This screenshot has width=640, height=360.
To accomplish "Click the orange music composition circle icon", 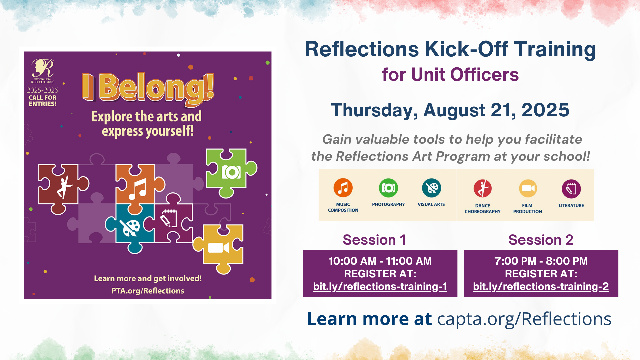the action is [343, 188].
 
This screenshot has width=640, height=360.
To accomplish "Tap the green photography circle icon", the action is [388, 188].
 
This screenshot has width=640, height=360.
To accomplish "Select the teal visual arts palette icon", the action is [431, 188].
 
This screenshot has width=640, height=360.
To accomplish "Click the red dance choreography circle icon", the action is [483, 189].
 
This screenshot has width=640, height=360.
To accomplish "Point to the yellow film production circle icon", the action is [528, 189].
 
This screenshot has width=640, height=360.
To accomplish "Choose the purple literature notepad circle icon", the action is [571, 189].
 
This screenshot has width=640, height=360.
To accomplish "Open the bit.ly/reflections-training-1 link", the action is [380, 287].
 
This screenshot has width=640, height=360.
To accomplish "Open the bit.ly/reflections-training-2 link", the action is [541, 287].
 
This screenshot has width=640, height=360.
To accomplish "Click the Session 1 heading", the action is [374, 240].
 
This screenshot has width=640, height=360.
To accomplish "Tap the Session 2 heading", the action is [541, 240].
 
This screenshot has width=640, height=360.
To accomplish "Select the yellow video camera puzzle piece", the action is [219, 248].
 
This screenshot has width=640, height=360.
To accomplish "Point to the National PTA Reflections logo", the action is [43, 71].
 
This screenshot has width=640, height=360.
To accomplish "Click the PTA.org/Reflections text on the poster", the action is [148, 291].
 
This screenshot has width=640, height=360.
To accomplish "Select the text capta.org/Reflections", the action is [524, 319].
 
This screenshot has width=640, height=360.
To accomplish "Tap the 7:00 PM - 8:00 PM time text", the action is [541, 261].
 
